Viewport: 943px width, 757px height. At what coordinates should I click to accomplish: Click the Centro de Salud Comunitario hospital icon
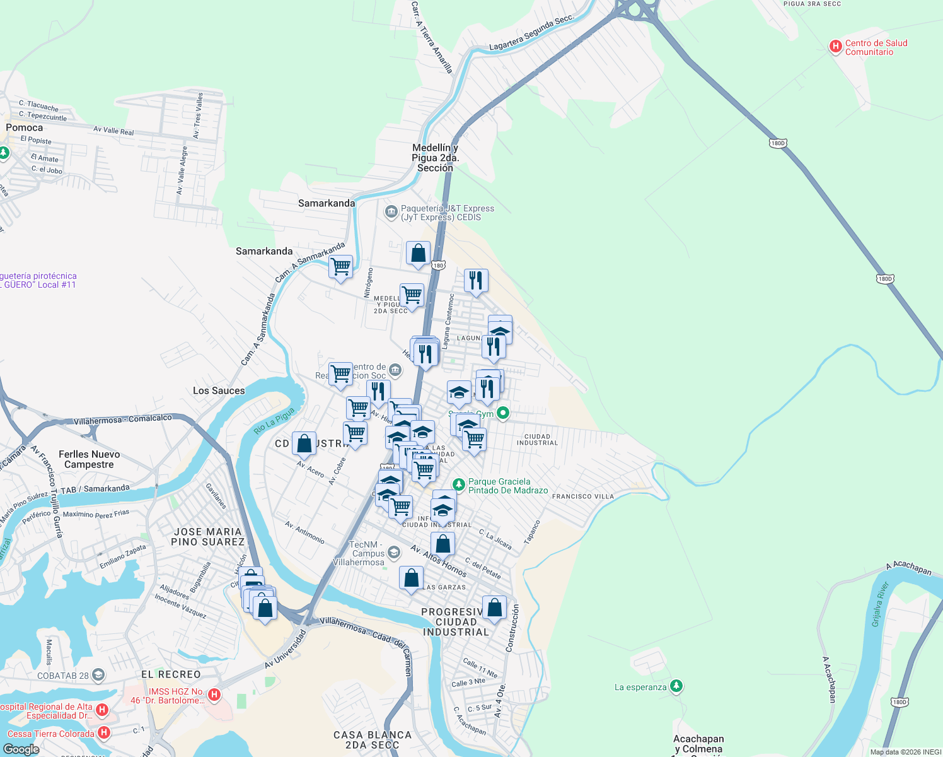tap(835, 46)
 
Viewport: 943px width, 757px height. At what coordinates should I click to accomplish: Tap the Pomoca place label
tap(24, 127)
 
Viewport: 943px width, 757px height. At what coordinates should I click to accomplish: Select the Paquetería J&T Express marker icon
tap(391, 211)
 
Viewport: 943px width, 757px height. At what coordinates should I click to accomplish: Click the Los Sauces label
tap(219, 390)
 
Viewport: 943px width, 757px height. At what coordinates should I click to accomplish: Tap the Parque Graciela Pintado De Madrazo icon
tap(459, 484)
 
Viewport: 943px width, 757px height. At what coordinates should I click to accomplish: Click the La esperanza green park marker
tap(676, 686)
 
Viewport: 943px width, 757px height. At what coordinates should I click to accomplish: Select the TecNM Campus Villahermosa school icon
tap(394, 553)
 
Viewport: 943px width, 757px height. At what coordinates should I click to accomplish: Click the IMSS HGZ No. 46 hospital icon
tap(214, 695)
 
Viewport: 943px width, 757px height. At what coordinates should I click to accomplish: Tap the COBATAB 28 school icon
tap(98, 675)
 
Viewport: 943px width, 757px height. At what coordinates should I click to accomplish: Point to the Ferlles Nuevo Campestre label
tap(89, 459)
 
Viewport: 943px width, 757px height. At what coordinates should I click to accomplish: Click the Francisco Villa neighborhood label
tap(582, 496)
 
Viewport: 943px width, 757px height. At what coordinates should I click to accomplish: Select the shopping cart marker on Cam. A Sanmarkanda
tap(340, 266)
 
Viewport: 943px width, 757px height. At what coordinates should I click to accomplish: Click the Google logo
tap(21, 749)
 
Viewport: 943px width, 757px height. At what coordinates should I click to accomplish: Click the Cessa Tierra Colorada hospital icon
tap(104, 732)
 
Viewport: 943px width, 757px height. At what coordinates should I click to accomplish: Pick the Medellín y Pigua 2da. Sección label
tap(435, 158)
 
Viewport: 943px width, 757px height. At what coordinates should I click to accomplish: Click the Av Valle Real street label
tap(113, 131)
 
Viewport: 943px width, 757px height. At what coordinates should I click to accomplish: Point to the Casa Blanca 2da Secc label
tap(372, 739)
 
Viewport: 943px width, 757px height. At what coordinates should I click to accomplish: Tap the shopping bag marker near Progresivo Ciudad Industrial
tap(495, 607)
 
